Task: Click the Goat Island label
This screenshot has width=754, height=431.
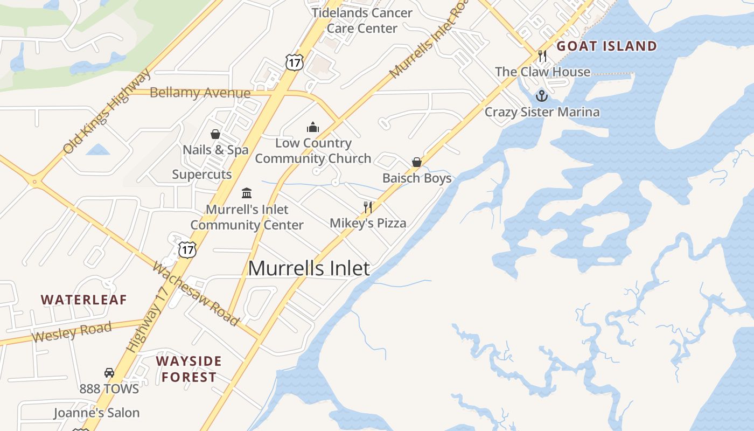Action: tap(607, 46)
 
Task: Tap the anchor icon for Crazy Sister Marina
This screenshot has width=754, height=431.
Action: tap(542, 96)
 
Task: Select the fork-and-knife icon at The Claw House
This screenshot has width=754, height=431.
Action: tap(542, 56)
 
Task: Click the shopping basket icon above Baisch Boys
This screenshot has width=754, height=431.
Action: tap(416, 162)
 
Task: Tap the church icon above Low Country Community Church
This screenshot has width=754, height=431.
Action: tap(312, 128)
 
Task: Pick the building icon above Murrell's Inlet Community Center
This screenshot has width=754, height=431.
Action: tap(247, 193)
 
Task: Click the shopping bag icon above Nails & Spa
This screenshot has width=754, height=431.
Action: tap(215, 134)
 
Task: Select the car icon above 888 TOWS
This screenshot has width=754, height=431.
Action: tap(109, 372)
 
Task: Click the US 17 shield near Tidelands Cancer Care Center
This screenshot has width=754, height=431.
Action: tap(295, 62)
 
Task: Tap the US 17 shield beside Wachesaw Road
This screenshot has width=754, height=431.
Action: tap(187, 249)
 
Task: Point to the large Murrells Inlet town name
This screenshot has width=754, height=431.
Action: tap(309, 268)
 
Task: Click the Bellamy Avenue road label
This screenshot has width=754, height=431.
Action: tap(200, 93)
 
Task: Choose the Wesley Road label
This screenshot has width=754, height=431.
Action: tap(72, 331)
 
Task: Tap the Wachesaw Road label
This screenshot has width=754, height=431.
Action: tap(196, 294)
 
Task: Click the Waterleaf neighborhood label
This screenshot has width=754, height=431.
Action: tap(84, 300)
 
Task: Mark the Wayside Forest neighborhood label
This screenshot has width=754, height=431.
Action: tap(189, 369)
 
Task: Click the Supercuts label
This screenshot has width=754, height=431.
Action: tap(202, 174)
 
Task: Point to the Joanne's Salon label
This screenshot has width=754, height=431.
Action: tap(96, 413)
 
